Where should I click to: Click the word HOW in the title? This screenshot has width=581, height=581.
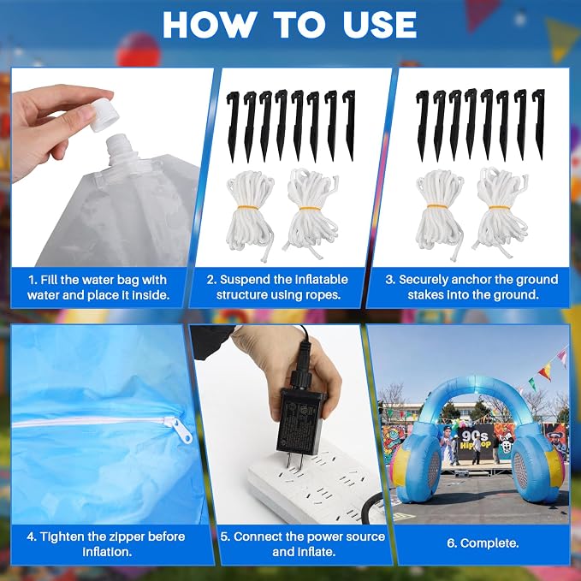pos(210,25)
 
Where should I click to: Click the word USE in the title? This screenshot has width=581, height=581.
pos(380,25)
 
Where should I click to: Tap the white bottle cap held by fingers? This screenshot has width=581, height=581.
pos(105,115)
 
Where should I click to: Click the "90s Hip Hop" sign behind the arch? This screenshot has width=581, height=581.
pos(475,440)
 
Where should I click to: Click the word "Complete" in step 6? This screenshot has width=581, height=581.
pos(489,543)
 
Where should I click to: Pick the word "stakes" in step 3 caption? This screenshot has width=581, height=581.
pos(426,295)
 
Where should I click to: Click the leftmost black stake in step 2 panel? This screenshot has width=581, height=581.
pos(233,126)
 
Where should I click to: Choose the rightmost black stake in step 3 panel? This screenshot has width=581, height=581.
pos(539,125)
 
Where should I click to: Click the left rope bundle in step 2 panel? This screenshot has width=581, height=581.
pos(250,215)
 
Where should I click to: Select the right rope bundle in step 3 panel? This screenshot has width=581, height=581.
pos(501,212)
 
